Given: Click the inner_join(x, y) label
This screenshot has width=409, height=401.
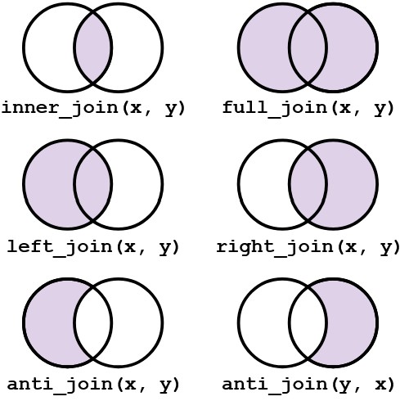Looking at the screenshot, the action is point(93,108).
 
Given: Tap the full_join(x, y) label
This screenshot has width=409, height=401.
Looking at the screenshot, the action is point(308,108).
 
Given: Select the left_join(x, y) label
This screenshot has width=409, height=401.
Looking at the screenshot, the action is point(93,247).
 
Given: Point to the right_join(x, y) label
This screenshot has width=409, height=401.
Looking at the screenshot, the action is point(308,247).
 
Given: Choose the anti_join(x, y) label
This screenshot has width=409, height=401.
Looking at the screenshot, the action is point(93,385).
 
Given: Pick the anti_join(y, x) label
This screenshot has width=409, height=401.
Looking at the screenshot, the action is point(308,385).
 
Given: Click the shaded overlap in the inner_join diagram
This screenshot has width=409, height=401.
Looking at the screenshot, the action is point(92,47).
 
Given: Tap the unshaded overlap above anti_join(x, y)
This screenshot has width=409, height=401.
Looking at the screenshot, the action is point(92,322).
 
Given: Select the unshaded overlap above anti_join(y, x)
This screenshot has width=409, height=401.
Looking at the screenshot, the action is point(308,322).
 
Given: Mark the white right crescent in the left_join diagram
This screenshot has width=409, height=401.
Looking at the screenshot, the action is point(137,184).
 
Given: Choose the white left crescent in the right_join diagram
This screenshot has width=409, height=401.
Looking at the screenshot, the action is point(264,184).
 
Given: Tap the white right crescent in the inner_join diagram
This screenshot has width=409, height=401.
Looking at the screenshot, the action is point(137,47).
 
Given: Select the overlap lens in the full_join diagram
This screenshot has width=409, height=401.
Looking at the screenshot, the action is point(308,47).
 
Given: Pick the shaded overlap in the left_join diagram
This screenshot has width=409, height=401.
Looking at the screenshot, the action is point(92,184).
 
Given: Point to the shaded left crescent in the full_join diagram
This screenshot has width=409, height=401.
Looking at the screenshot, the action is point(264,47).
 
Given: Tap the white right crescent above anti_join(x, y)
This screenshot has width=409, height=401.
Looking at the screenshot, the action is point(137,322).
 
